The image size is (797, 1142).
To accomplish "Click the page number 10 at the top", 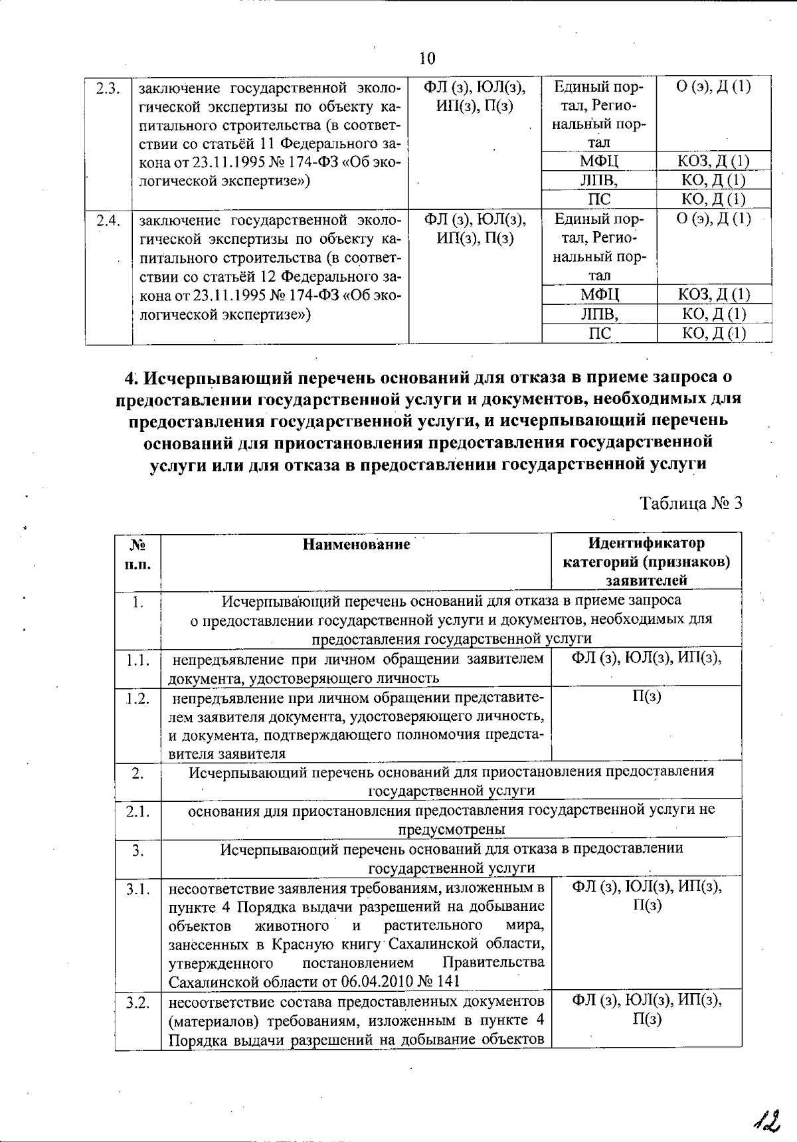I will tap(427, 58).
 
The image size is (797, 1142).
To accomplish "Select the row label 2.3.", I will tap(107, 88).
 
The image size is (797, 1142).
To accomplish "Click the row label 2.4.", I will tap(107, 221).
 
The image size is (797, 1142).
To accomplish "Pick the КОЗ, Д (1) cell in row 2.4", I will tap(714, 294).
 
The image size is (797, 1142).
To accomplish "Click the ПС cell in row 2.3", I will tap(599, 199).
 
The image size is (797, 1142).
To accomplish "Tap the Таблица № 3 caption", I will tap(690, 503).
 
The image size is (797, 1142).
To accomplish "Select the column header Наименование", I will tap(356, 545).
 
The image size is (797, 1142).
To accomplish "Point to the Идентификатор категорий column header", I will tap(646, 561).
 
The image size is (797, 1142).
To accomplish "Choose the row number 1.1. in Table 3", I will tap(137, 660).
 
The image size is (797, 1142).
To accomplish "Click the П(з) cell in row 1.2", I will tap(646, 696).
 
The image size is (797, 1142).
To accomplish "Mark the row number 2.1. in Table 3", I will tap(137, 812).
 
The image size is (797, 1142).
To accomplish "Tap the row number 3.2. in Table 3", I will tap(137, 1002).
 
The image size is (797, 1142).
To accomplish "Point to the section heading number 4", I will tap(130, 378).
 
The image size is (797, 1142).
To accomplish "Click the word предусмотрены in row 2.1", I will tap(451, 830).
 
